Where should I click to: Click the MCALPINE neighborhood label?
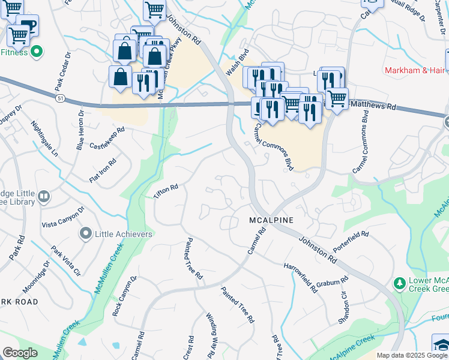click(x=271, y=220)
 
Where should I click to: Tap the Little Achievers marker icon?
click(x=86, y=233)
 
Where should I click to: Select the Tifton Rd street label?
click(x=166, y=191)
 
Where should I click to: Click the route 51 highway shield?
click(x=59, y=97)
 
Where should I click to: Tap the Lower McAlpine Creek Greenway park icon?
click(x=398, y=282)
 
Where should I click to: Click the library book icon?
click(x=44, y=196)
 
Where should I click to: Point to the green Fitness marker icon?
click(x=36, y=52)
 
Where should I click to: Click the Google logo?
click(x=20, y=353)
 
